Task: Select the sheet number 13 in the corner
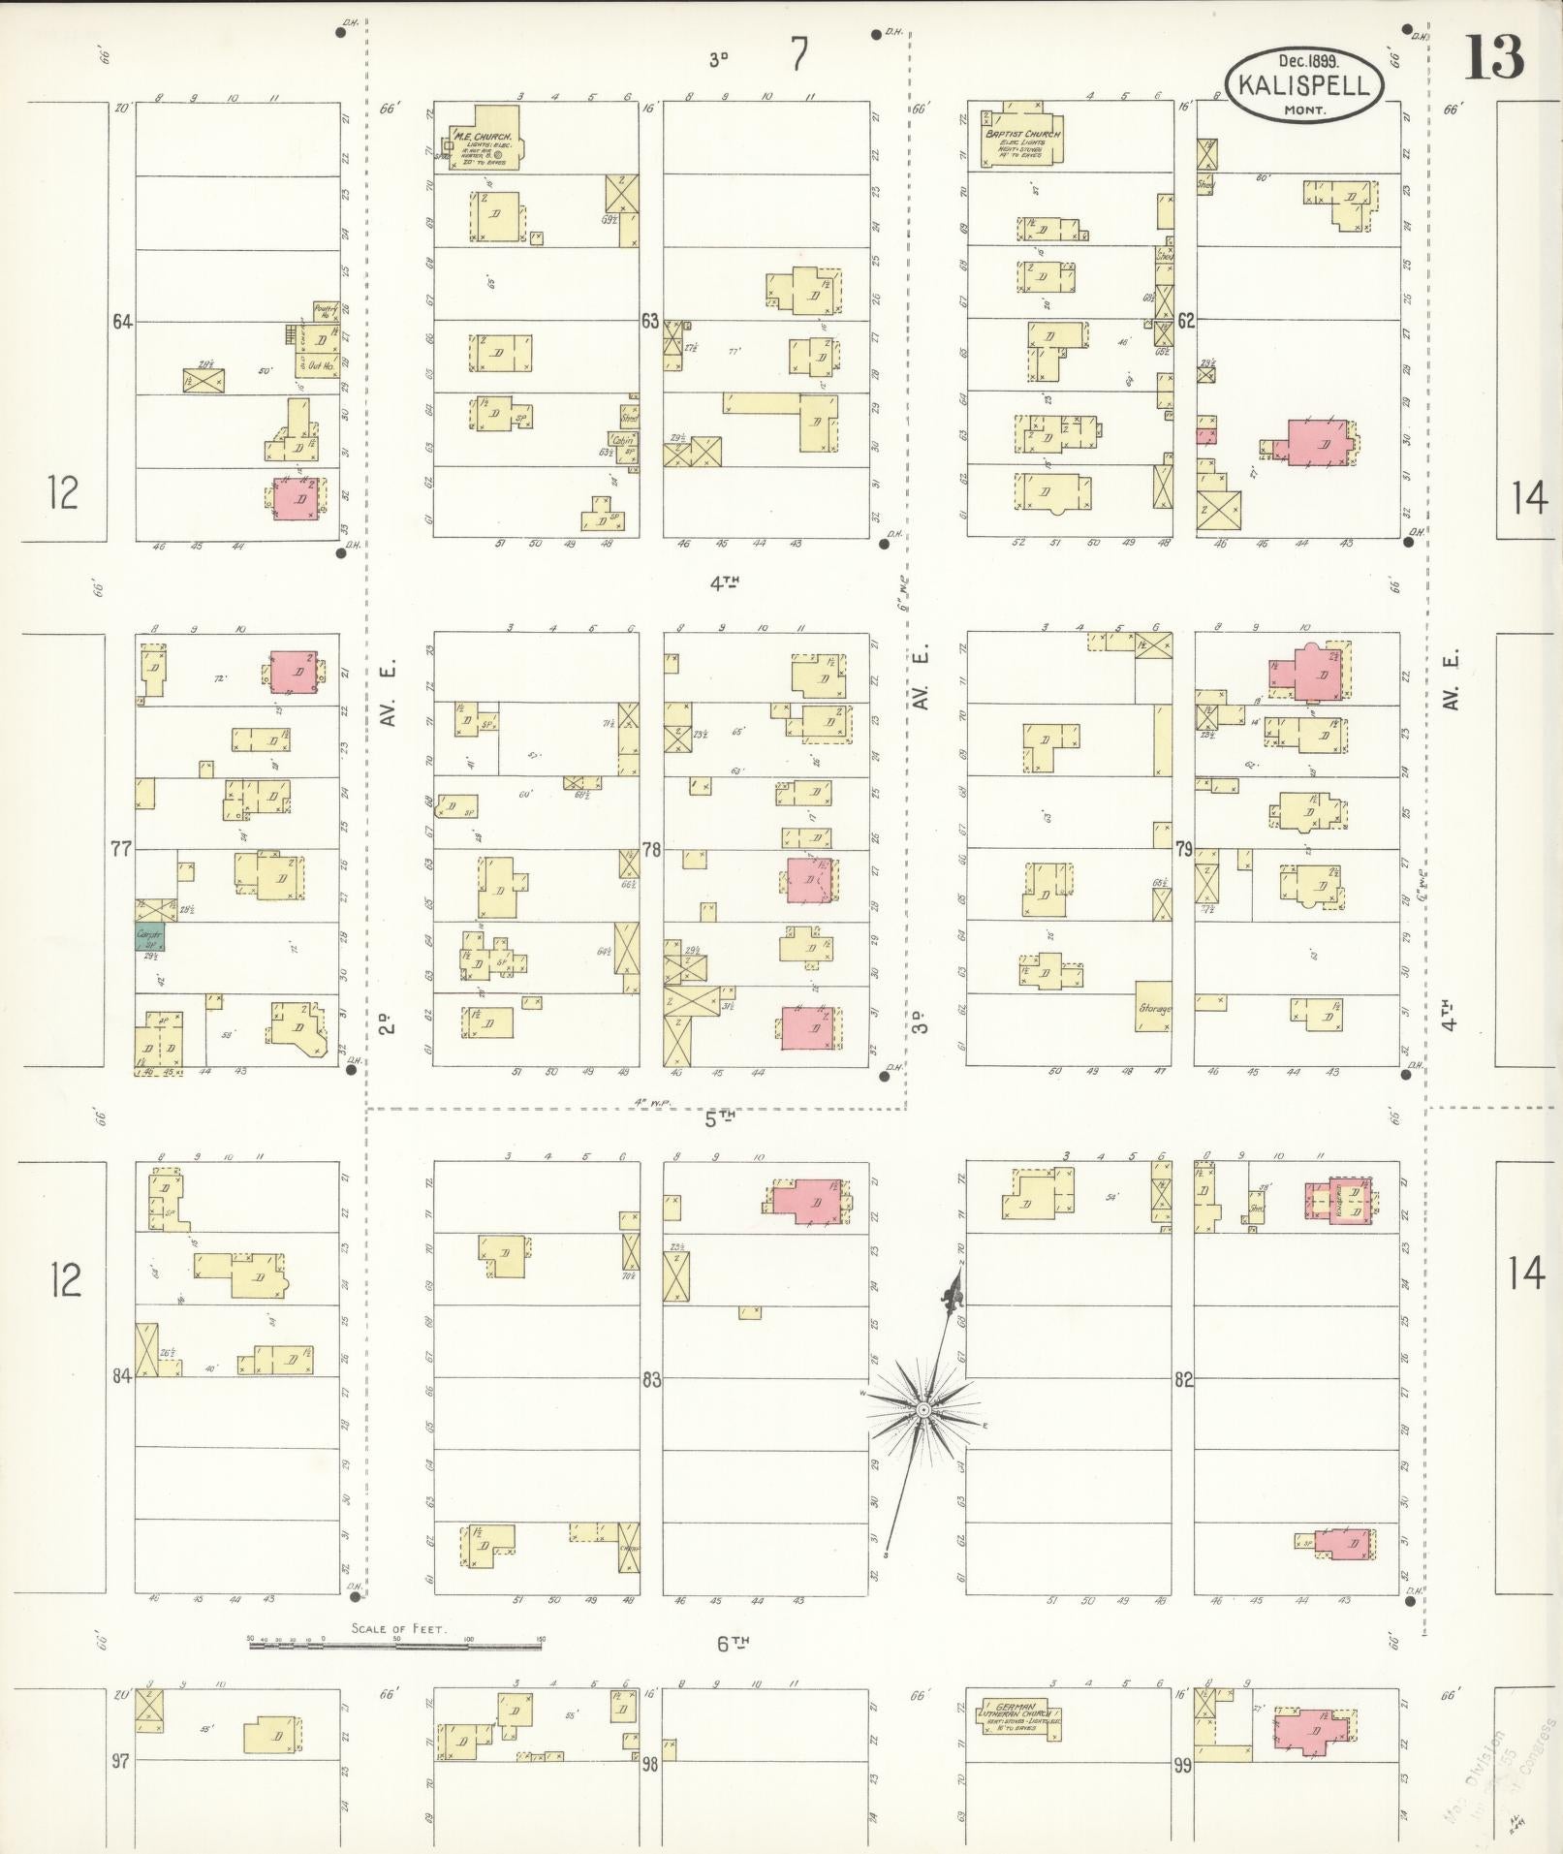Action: [1493, 58]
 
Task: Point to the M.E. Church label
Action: [482, 137]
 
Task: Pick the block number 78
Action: [651, 850]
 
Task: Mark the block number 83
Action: [651, 1378]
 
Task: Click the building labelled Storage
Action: [1154, 1008]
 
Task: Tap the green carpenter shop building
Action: [149, 936]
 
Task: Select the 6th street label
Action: [735, 1643]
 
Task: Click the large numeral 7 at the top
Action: [797, 55]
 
